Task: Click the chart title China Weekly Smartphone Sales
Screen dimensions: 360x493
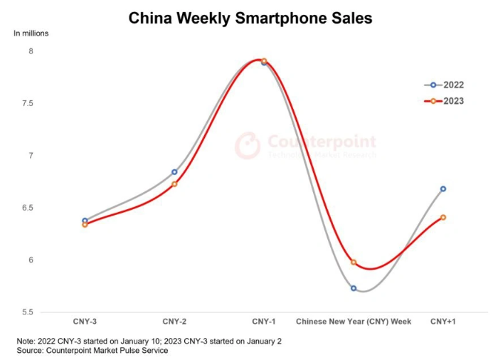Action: (250, 18)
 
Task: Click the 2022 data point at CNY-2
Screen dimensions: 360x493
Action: (174, 172)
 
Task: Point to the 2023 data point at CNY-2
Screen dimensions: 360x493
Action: (174, 184)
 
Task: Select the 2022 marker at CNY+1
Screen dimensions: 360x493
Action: (443, 189)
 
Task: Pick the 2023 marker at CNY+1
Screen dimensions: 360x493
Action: (443, 217)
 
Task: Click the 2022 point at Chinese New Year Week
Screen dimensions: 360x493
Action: (354, 288)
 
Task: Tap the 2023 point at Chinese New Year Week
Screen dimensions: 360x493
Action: (354, 262)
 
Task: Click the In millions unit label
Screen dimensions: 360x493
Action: (31, 33)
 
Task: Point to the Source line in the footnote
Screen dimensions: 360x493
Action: (93, 350)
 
